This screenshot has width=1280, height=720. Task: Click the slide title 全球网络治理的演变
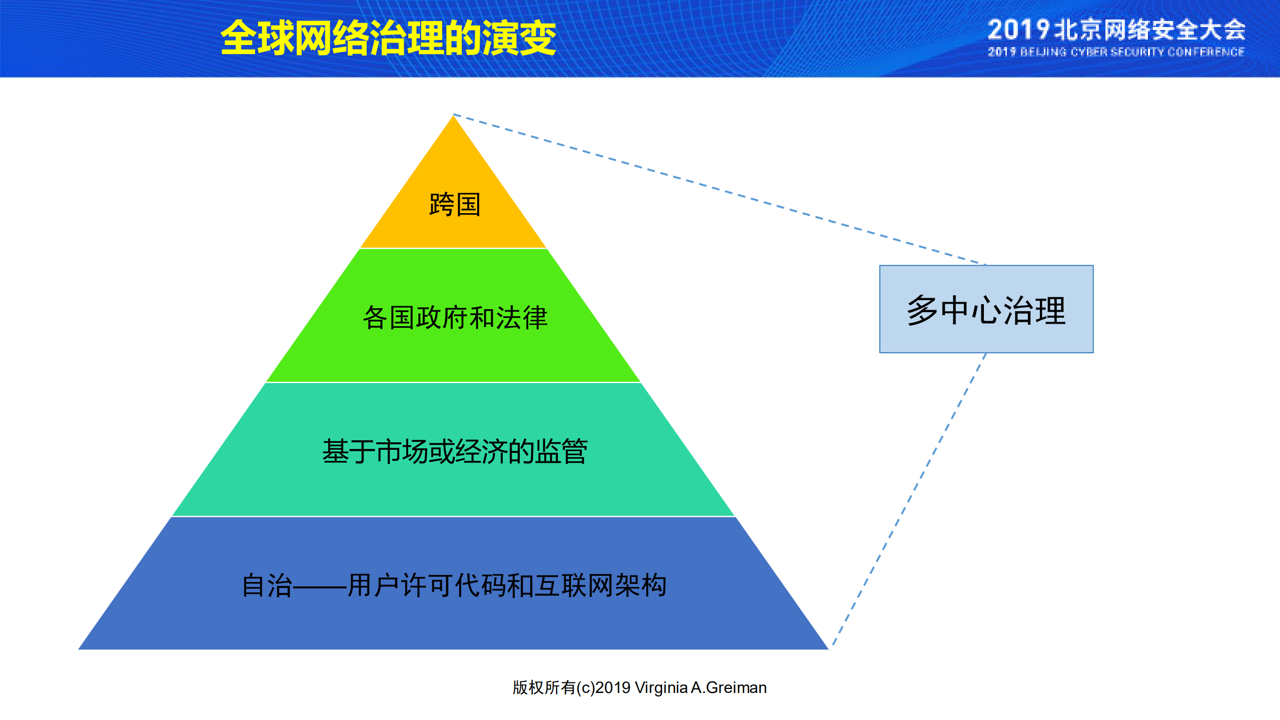click(388, 38)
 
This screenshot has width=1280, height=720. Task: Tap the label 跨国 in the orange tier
click(455, 205)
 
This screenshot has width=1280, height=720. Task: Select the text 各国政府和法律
click(455, 318)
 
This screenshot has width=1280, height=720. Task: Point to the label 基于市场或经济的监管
click(455, 451)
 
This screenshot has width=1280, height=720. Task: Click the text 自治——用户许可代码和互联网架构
click(454, 585)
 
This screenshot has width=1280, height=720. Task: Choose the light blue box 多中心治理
click(986, 309)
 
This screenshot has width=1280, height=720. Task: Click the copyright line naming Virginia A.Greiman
click(639, 687)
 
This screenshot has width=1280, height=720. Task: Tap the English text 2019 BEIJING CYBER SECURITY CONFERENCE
click(1115, 52)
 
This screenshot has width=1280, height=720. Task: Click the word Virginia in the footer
click(661, 687)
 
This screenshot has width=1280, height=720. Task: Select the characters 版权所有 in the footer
click(544, 687)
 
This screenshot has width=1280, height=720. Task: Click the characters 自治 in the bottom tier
click(267, 585)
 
